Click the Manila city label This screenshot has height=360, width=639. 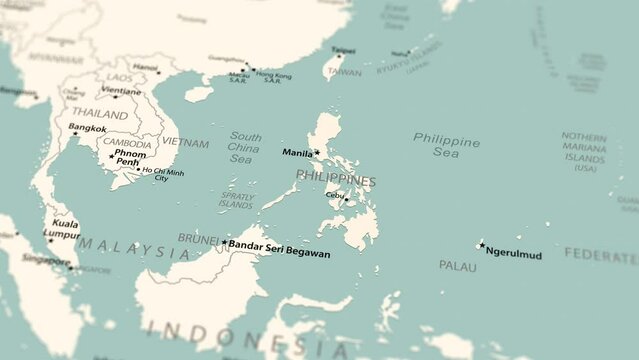[x=297, y=154]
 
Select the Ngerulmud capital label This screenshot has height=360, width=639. [x=513, y=254]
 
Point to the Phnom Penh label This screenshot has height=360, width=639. [x=131, y=158]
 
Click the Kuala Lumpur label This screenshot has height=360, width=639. [x=62, y=230]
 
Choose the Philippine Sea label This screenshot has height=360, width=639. [x=446, y=146]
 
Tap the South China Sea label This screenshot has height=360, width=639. [x=245, y=147]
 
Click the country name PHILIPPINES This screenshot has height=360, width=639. [x=336, y=179]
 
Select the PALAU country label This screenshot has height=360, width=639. [x=457, y=265]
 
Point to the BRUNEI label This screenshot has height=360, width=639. [x=197, y=238]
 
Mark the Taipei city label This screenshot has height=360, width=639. [x=343, y=50]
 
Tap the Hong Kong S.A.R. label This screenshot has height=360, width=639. [x=273, y=77]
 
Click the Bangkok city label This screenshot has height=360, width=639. [x=87, y=128]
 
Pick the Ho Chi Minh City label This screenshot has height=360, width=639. [x=162, y=175]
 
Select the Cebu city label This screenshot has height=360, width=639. [x=334, y=195]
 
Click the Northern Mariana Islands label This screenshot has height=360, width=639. [x=585, y=152]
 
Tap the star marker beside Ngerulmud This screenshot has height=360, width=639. [x=481, y=245]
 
